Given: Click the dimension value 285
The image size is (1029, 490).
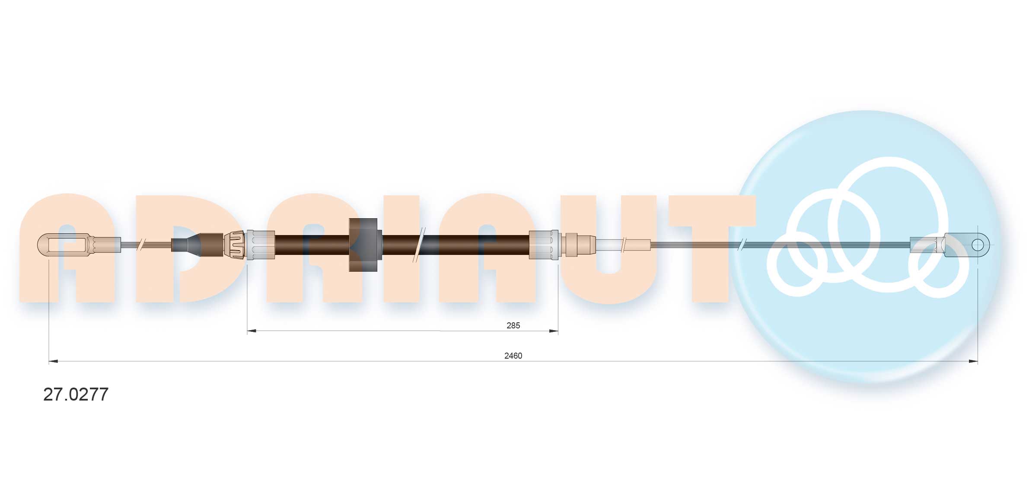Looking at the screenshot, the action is point(513,325).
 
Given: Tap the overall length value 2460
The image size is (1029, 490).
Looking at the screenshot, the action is point(513,356).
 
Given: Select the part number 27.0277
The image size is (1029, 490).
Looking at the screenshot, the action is point(76,394).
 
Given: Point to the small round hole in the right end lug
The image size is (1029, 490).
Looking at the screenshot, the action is point(978,245).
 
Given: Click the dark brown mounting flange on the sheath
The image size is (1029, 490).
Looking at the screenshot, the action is point(363,245).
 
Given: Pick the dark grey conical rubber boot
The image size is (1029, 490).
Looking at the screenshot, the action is point(186,245).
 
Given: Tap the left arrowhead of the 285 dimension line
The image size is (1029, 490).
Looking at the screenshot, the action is point(252,331).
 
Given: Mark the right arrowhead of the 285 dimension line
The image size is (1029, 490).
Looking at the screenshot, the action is point(553,331).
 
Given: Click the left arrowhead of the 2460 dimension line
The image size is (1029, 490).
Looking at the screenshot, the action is point(53,361).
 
